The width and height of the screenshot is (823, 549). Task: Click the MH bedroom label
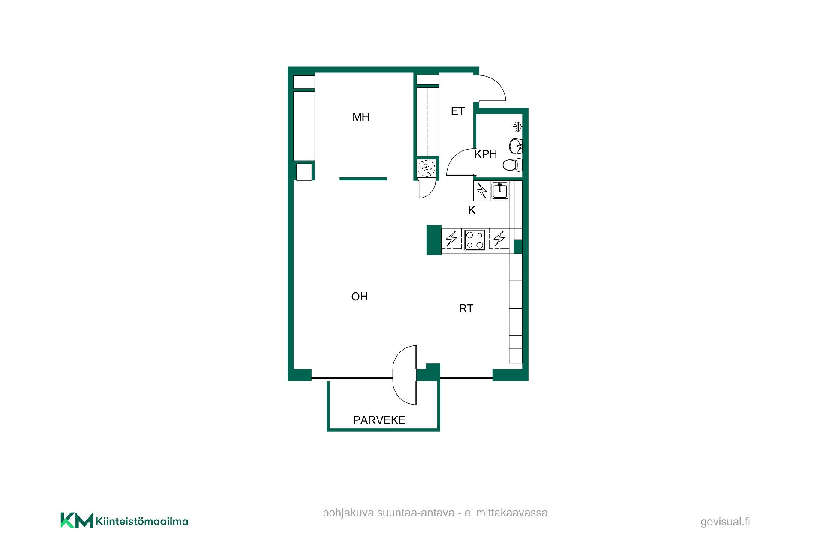coord(360,117)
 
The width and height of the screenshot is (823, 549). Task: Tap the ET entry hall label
coord(458,111)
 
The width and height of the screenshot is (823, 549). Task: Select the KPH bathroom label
coord(485,154)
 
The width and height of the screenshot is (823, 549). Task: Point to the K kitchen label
coord(472,210)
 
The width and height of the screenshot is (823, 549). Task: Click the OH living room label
coord(359,297)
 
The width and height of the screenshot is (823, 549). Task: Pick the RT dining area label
coord(466,309)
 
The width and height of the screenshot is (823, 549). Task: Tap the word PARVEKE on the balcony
coord(379,420)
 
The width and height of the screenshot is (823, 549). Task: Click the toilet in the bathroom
coord(512,165)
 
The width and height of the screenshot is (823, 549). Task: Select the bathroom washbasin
coord(515,146)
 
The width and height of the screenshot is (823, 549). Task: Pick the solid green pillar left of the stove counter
coord(434,240)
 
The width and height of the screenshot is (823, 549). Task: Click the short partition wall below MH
coord(363,179)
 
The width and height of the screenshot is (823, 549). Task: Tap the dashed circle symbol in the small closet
coord(426,168)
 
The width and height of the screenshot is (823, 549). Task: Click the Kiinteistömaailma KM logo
coord(124,520)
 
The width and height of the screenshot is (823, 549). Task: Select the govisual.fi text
coord(725,522)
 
